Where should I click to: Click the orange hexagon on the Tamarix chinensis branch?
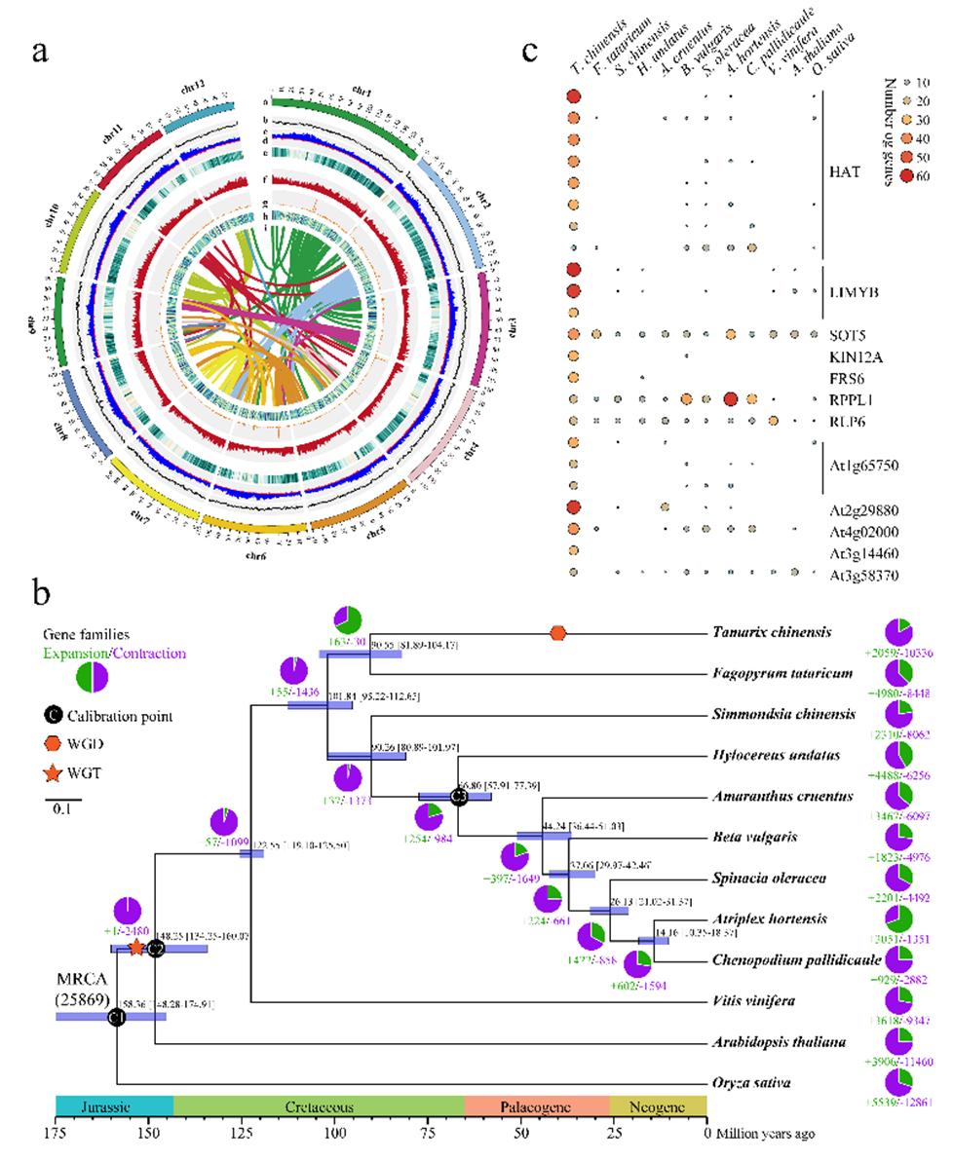(x=557, y=633)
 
